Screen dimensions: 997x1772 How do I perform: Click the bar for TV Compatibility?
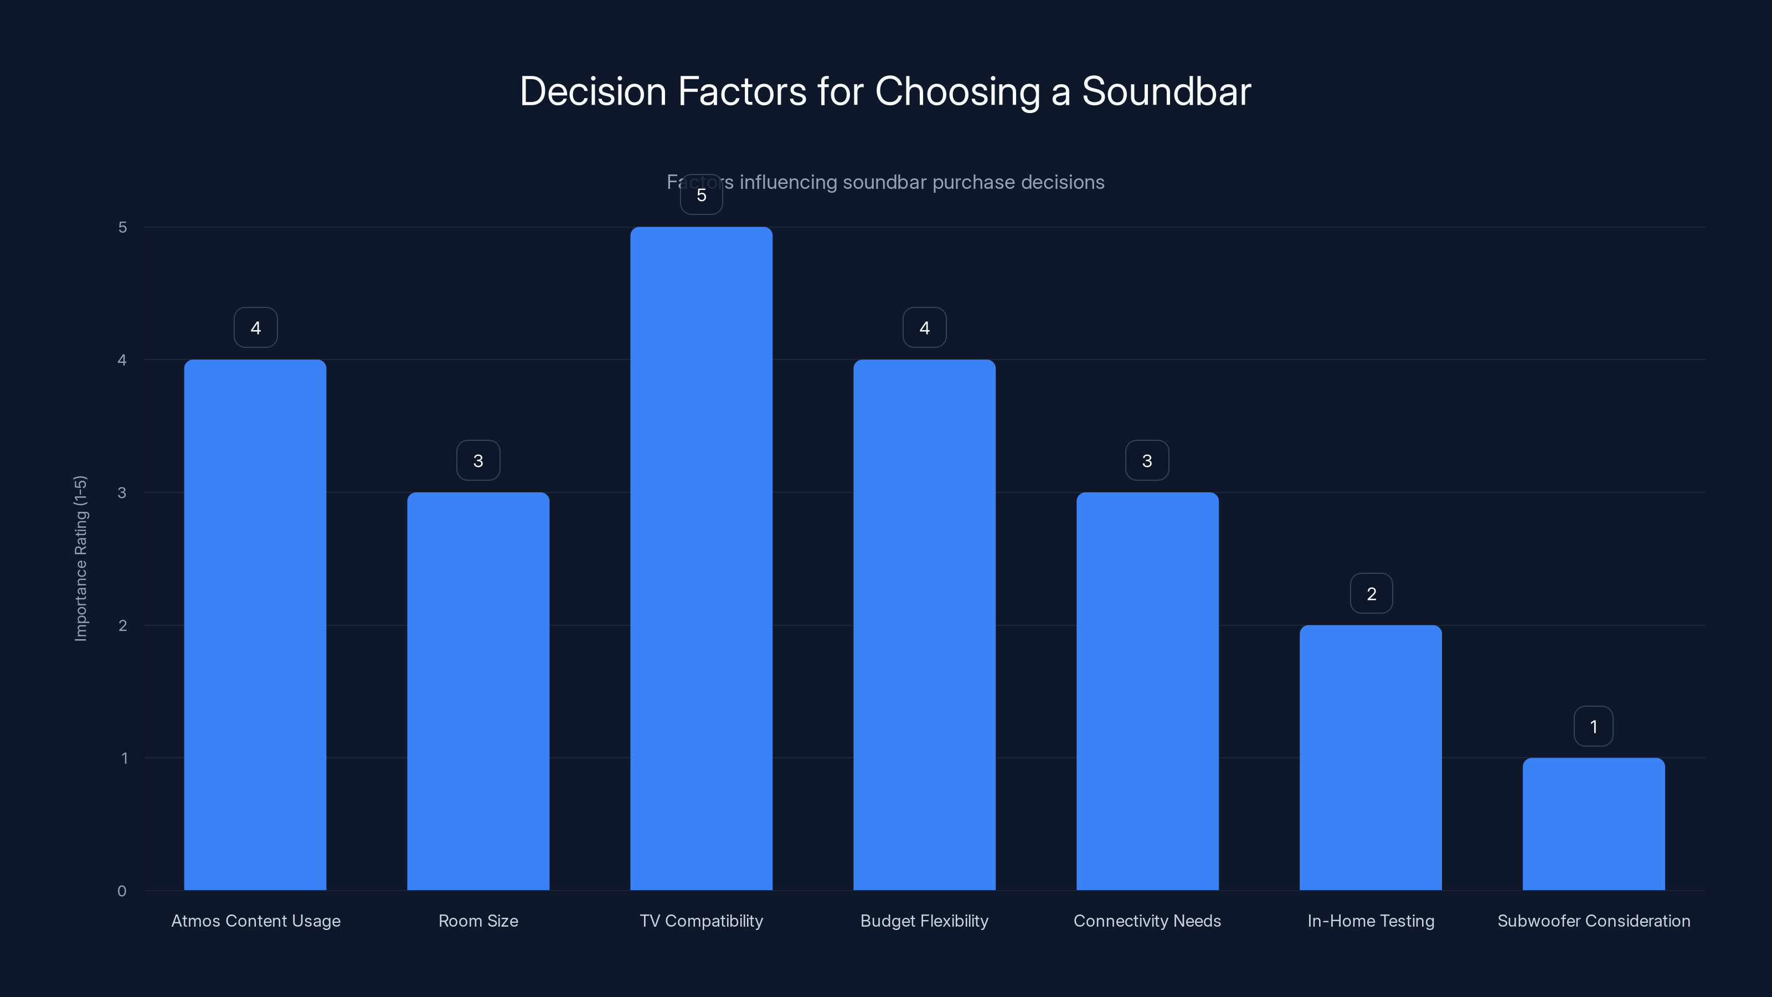click(x=701, y=557)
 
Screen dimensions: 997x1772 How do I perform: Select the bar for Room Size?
click(x=478, y=691)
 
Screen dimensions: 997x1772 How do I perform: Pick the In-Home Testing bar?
click(x=1371, y=757)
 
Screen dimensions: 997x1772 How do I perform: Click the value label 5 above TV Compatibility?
click(x=701, y=196)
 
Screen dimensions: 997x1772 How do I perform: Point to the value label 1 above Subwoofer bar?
click(x=1593, y=727)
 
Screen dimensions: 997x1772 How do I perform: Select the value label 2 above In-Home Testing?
click(x=1371, y=594)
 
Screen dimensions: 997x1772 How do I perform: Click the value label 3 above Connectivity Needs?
click(x=1147, y=461)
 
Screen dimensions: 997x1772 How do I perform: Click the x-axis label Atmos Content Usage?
click(x=255, y=921)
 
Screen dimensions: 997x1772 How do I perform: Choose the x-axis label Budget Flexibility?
click(x=924, y=921)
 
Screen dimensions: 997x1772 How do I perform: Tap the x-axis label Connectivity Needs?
click(x=1147, y=921)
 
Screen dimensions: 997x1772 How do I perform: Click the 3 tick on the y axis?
click(x=122, y=492)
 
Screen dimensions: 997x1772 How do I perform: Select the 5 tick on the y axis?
click(x=122, y=227)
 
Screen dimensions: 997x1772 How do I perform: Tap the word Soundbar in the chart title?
click(x=1166, y=91)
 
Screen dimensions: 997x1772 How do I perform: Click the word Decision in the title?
click(x=593, y=91)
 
